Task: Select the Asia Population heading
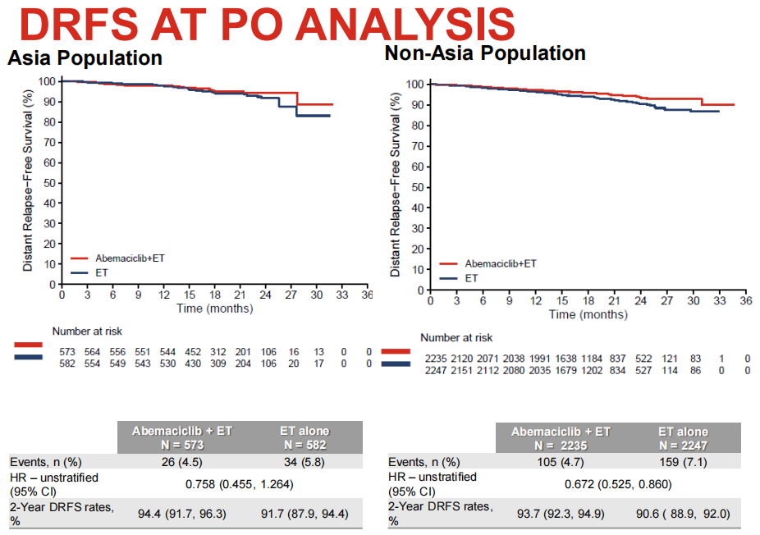click(85, 59)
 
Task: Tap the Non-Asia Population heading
click(485, 53)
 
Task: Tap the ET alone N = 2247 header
click(683, 438)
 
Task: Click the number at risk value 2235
click(437, 359)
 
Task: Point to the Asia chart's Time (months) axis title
click(215, 309)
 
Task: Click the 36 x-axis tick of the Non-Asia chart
click(745, 301)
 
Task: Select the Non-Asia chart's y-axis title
click(396, 185)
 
